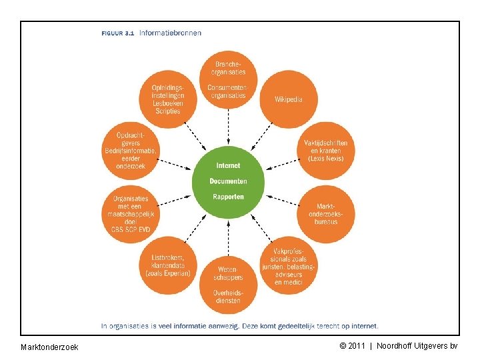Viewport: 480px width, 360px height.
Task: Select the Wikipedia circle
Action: (288, 99)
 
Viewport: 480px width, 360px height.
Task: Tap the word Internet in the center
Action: (229, 165)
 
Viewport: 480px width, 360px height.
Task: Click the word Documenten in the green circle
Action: (228, 181)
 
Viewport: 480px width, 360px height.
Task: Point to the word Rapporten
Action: (228, 197)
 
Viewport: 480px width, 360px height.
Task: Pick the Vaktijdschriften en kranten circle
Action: (325, 151)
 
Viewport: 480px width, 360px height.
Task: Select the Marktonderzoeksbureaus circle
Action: (325, 213)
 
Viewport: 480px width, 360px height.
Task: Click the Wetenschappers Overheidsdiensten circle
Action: (228, 285)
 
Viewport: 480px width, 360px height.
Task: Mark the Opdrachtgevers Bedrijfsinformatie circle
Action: (131, 151)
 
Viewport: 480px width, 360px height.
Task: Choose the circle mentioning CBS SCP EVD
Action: (131, 213)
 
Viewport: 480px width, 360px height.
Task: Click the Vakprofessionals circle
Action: (288, 265)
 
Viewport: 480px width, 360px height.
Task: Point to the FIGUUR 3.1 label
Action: (118, 32)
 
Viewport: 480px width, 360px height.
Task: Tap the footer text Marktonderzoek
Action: (49, 347)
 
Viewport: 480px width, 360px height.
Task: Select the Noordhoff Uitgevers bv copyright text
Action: (399, 346)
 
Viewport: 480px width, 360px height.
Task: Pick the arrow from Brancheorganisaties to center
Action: (228, 127)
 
